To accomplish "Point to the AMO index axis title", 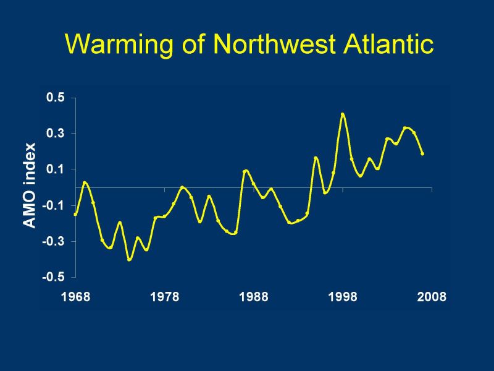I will pos(30,185).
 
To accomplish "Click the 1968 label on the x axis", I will pos(75,297).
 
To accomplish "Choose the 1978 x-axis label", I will pos(164,297).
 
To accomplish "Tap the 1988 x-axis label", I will pos(253,297).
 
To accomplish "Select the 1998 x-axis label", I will pos(343,297).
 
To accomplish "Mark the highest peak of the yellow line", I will pos(343,114).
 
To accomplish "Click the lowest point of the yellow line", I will pos(129,260).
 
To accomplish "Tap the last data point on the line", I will pos(422,153).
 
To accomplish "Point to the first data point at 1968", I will pos(75,214).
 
